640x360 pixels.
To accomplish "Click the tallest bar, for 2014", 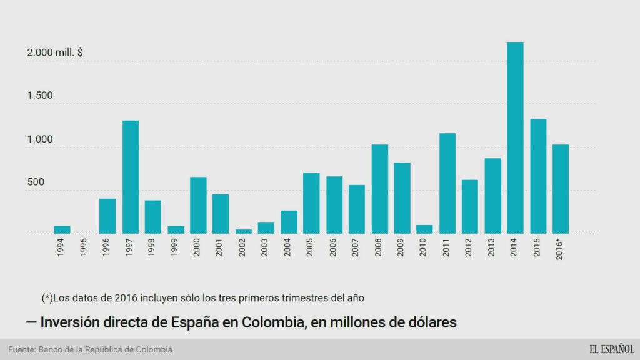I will (515, 138).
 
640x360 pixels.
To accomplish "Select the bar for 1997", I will (130, 177).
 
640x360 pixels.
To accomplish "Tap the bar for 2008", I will (379, 189).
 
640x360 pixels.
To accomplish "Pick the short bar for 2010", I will (424, 229).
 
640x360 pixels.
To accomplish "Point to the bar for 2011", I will (447, 183).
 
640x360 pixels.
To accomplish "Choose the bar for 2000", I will (198, 205).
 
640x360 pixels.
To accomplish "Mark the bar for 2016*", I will (560, 189).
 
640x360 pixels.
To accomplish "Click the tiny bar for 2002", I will (244, 231).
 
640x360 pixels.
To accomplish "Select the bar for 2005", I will (311, 203).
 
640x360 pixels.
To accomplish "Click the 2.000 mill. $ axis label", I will (55, 53).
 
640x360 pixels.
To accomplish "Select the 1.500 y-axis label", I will (39, 96).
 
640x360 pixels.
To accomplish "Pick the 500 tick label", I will (35, 182).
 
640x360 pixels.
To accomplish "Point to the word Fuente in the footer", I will (22, 349).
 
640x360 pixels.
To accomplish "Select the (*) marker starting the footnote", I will (47, 297).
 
